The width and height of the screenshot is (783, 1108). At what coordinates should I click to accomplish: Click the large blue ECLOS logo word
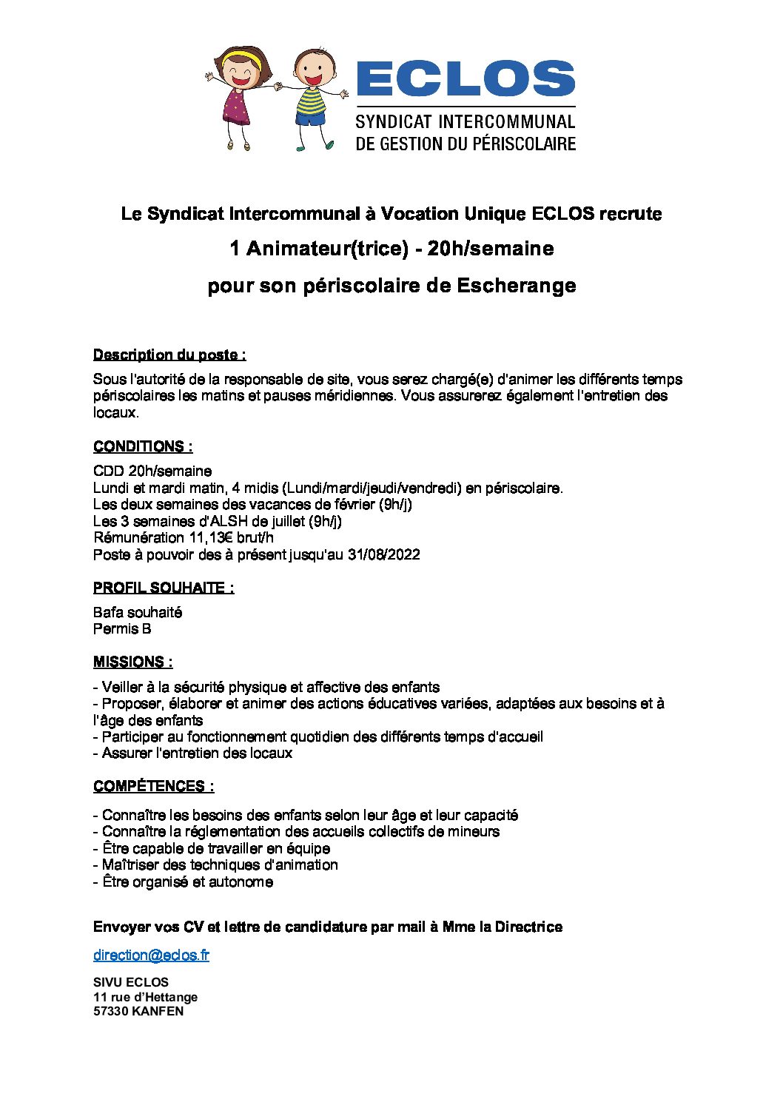pyautogui.click(x=466, y=79)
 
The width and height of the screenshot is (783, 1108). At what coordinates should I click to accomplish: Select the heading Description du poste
pyautogui.click(x=169, y=355)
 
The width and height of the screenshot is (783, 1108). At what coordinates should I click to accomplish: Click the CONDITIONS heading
pyautogui.click(x=143, y=446)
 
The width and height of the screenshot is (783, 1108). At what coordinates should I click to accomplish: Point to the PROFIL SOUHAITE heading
pyautogui.click(x=164, y=588)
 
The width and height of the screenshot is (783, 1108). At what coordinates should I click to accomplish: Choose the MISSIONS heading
pyautogui.click(x=133, y=662)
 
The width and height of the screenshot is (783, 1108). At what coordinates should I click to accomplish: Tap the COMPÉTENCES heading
pyautogui.click(x=154, y=786)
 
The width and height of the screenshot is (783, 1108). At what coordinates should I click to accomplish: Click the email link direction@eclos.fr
pyautogui.click(x=151, y=955)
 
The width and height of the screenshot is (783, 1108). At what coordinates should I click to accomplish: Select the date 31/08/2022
pyautogui.click(x=383, y=554)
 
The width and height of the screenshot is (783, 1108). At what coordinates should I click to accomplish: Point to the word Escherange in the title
pyautogui.click(x=516, y=285)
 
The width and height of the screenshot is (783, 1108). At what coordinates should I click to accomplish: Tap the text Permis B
pyautogui.click(x=122, y=628)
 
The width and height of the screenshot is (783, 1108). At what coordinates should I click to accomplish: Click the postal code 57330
pyautogui.click(x=110, y=1011)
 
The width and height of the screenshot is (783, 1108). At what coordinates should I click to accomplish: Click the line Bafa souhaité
pyautogui.click(x=138, y=612)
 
